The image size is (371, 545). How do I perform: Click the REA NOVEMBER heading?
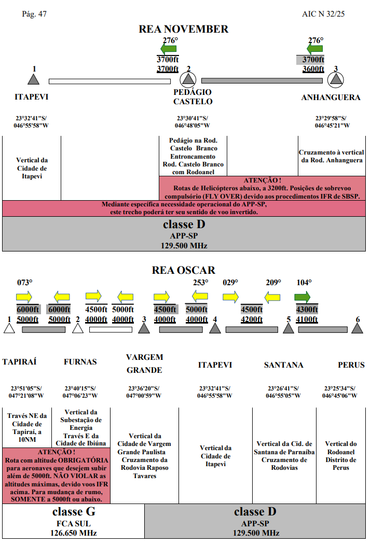tap(184, 29)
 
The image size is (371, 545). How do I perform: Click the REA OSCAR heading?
tap(184, 270)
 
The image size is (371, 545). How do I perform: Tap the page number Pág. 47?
tap(34, 14)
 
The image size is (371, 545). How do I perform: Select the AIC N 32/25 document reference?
tap(323, 14)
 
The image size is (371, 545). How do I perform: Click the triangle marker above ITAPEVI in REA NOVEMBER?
tap(33, 79)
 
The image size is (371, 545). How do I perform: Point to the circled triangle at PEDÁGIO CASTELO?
tap(188, 79)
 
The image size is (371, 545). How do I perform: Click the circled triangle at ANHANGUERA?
tap(336, 79)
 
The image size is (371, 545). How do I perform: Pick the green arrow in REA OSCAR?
tap(302, 297)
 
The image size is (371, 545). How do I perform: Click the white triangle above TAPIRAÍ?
tap(9, 328)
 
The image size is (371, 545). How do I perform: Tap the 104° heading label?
tap(304, 283)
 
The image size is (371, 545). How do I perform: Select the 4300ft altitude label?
tap(307, 310)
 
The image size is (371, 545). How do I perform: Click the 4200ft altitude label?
tap(252, 319)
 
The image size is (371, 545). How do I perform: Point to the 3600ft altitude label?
tap(313, 69)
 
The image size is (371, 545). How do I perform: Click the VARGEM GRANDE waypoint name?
tap(144, 364)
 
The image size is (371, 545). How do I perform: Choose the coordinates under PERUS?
tap(340, 392)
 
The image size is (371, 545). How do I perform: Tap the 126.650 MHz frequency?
tap(73, 533)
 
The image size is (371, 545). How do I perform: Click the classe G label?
tap(74, 512)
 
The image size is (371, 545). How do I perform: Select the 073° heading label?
tap(25, 283)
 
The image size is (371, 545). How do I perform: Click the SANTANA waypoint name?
tap(284, 365)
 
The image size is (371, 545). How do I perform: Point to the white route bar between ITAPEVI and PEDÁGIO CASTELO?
tap(110, 81)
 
